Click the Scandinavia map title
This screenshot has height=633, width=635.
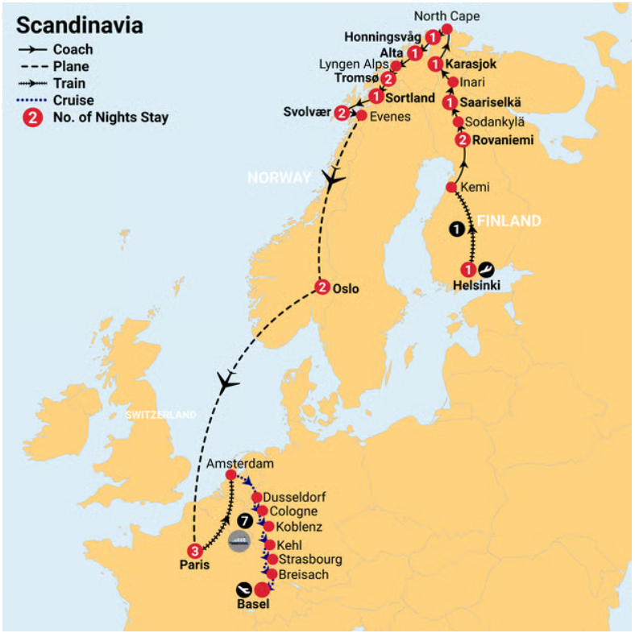[x=81, y=25]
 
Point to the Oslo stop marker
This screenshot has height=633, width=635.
[x=322, y=288]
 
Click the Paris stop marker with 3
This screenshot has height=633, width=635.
[x=193, y=551]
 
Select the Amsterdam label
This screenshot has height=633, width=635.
[x=240, y=464]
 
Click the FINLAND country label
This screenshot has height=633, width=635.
[x=508, y=221]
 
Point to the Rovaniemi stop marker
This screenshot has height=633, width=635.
[x=462, y=141]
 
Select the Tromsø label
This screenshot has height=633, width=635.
[x=355, y=79]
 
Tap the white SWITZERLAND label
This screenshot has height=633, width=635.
[x=160, y=415]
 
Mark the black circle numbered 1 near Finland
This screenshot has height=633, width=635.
[x=457, y=229]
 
